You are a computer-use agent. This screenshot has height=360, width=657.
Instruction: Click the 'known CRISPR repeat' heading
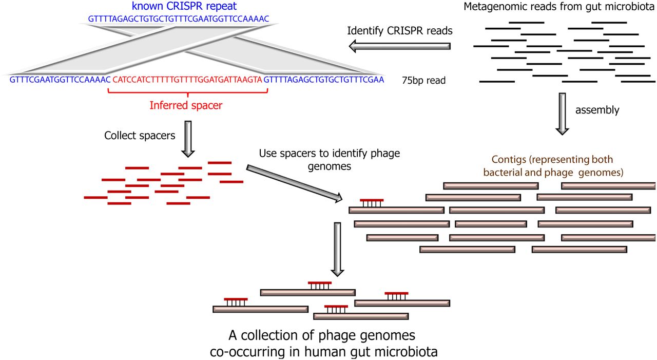click(184, 7)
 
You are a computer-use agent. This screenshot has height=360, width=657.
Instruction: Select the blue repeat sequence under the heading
click(179, 19)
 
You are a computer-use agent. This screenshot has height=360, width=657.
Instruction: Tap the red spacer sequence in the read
click(187, 80)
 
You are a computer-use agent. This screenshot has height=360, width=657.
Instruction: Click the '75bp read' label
click(424, 81)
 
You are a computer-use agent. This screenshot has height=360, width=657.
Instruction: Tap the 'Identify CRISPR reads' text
click(400, 30)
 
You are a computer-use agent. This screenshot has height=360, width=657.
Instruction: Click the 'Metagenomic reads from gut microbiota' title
click(558, 7)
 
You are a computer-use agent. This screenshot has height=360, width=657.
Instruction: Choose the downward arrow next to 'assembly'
click(563, 113)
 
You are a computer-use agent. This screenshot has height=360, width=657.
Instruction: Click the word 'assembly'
click(597, 109)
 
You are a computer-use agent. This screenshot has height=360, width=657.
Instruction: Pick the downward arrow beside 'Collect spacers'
click(189, 138)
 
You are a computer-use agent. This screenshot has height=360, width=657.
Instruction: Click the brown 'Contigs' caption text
click(553, 166)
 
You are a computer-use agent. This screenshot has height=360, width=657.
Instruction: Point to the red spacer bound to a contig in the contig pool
click(371, 201)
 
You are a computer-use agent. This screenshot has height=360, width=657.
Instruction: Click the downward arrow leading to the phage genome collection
click(337, 249)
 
